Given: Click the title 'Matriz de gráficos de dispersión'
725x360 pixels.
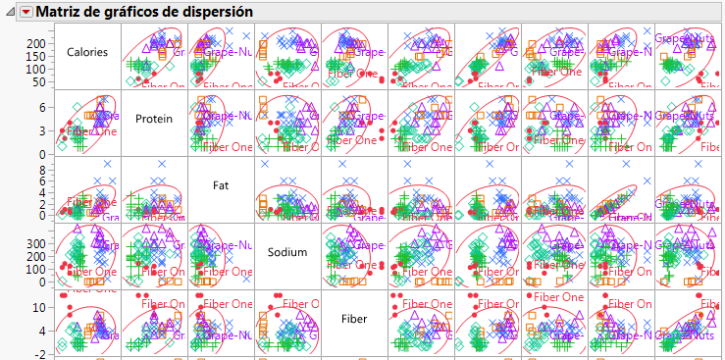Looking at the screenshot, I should pyautogui.click(x=144, y=11).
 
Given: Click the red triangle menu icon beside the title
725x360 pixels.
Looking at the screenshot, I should pyautogui.click(x=26, y=11).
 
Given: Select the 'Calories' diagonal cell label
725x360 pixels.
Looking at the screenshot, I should pyautogui.click(x=87, y=52).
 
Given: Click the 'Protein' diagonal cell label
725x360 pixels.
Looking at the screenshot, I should pyautogui.click(x=154, y=119).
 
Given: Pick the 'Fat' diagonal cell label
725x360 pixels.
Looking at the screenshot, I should pyautogui.click(x=221, y=184).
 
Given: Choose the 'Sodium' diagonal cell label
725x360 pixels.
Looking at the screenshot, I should pyautogui.click(x=287, y=252).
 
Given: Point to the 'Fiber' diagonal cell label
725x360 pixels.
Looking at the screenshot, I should pyautogui.click(x=353, y=319).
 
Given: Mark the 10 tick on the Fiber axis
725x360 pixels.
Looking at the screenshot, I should pyautogui.click(x=40, y=307).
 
